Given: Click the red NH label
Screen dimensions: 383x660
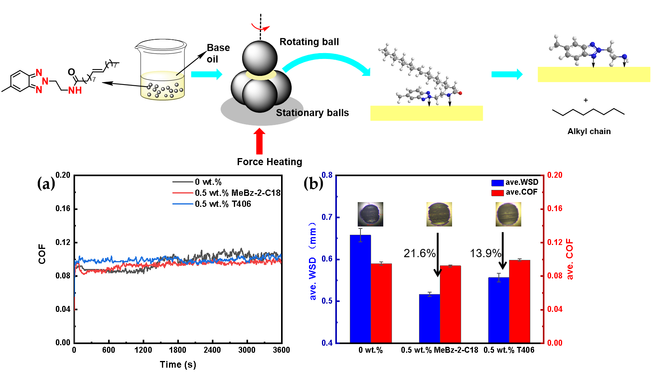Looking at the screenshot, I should [75, 91].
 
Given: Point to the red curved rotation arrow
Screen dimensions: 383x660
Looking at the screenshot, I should [261, 28].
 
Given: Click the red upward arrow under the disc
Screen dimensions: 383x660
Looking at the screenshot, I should [259, 142].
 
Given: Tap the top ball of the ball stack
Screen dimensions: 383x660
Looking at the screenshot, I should [259, 57].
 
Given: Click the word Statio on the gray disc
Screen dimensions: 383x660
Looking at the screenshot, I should [289, 113].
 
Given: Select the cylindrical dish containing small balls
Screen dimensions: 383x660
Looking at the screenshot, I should [163, 86].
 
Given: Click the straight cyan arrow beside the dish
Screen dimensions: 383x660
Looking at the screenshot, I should [206, 74].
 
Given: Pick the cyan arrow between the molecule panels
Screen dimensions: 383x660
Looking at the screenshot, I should [507, 74].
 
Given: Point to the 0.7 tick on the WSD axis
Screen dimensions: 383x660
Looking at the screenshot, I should [327, 217].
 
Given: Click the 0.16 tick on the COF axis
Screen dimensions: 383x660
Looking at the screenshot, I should [554, 208].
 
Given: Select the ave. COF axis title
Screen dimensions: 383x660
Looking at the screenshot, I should [570, 260].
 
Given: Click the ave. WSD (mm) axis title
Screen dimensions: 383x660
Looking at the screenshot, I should [313, 261].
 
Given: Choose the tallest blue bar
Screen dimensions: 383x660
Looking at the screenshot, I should [360, 289].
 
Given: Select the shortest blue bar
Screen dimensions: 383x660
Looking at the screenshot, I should [429, 318].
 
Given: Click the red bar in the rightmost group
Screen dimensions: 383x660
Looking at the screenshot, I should [519, 301].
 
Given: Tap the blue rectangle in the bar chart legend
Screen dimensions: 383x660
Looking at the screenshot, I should [497, 183].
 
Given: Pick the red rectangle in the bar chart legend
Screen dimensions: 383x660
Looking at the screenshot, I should [497, 193].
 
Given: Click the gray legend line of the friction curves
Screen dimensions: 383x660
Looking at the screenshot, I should [183, 182].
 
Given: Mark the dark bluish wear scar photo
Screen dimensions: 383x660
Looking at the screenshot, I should [370, 214].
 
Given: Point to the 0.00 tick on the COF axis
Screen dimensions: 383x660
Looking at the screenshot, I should [554, 343].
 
